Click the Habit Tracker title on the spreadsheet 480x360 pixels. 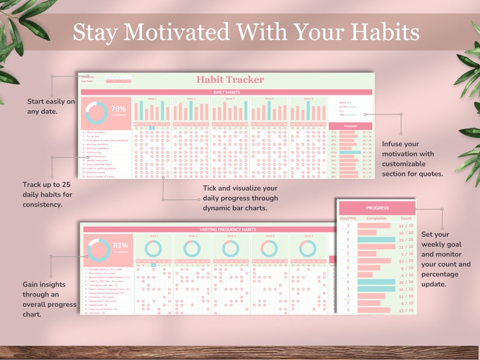(x=230, y=79)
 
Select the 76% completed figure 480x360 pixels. (x=118, y=110)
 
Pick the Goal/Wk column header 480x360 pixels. (x=348, y=218)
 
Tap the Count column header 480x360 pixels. (x=406, y=218)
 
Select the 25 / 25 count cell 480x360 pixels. (x=406, y=240)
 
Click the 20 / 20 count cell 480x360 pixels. (x=406, y=282)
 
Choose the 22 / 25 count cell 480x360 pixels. (x=406, y=261)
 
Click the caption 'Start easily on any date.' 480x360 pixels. (x=51, y=106)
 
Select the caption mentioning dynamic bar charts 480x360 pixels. (x=240, y=198)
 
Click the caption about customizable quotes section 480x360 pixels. (x=413, y=159)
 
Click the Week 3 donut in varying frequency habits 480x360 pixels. (x=230, y=248)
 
